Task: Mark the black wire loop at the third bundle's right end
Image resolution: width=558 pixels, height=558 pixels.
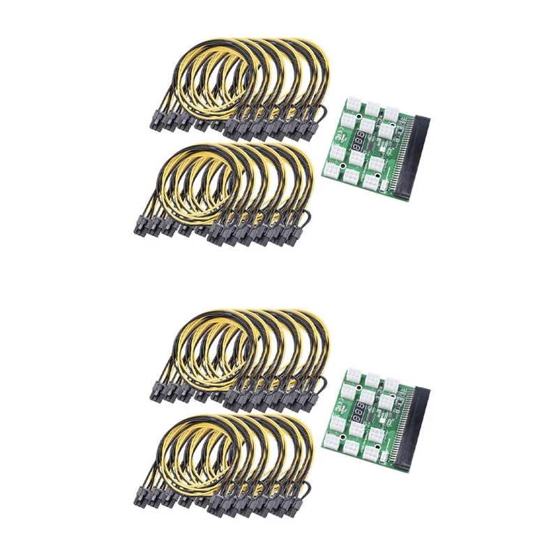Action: tap(322, 385)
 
